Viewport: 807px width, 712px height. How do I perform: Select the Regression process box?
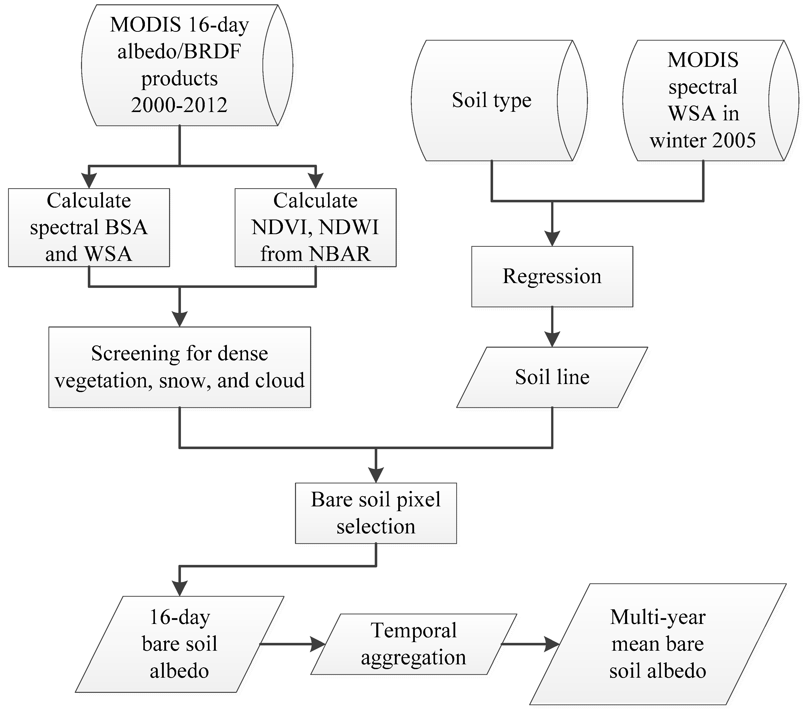point(552,276)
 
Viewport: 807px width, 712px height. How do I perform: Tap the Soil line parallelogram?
point(552,377)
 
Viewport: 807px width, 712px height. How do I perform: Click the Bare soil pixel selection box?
point(376,513)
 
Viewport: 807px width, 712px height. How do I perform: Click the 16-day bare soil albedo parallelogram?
point(180,644)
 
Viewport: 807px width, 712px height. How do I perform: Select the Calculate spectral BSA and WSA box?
point(89,227)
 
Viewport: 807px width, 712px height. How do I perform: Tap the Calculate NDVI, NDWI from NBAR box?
point(315,227)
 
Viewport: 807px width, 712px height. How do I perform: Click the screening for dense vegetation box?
point(180,367)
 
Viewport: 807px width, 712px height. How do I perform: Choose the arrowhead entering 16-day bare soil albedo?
point(180,588)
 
